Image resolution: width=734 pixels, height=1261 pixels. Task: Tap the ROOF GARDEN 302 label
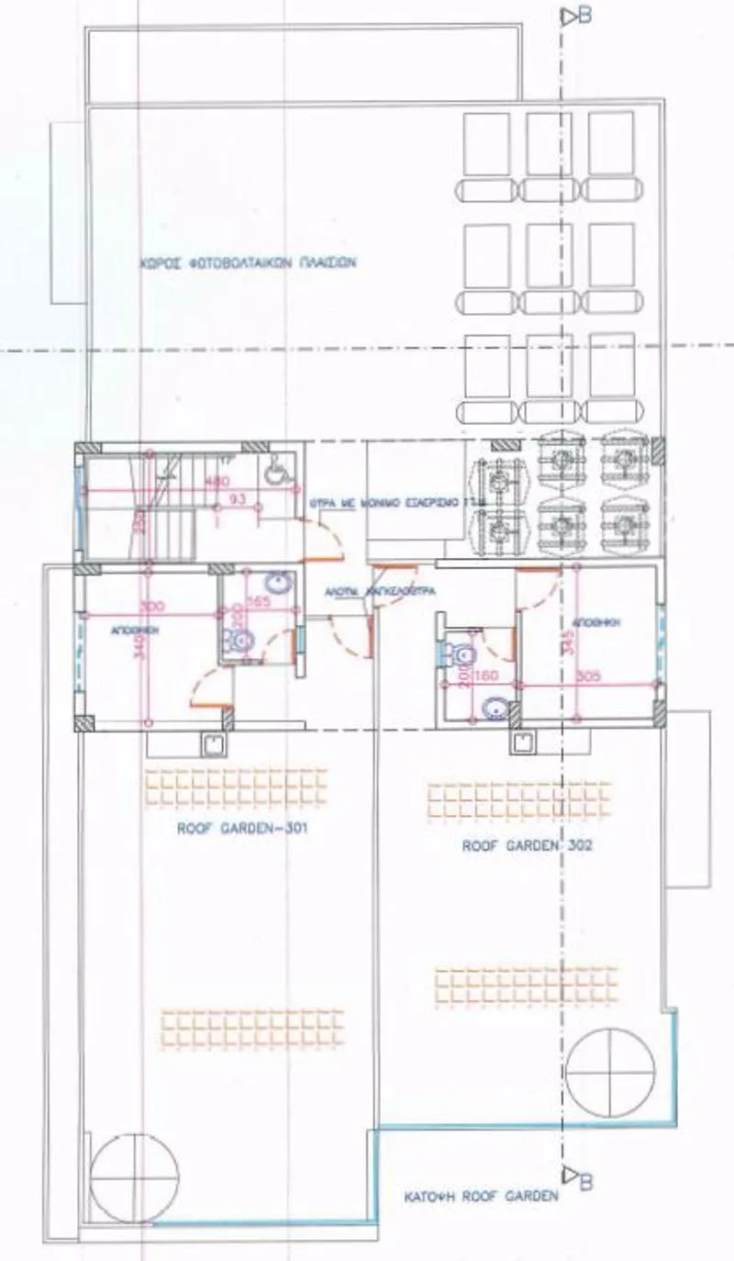tap(527, 846)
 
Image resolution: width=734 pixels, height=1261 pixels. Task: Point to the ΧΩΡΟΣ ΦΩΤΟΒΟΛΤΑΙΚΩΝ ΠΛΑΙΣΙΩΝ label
tap(248, 262)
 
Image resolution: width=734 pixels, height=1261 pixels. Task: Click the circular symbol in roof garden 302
tap(611, 1072)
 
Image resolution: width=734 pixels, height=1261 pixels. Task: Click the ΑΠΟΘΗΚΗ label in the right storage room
tap(601, 622)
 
